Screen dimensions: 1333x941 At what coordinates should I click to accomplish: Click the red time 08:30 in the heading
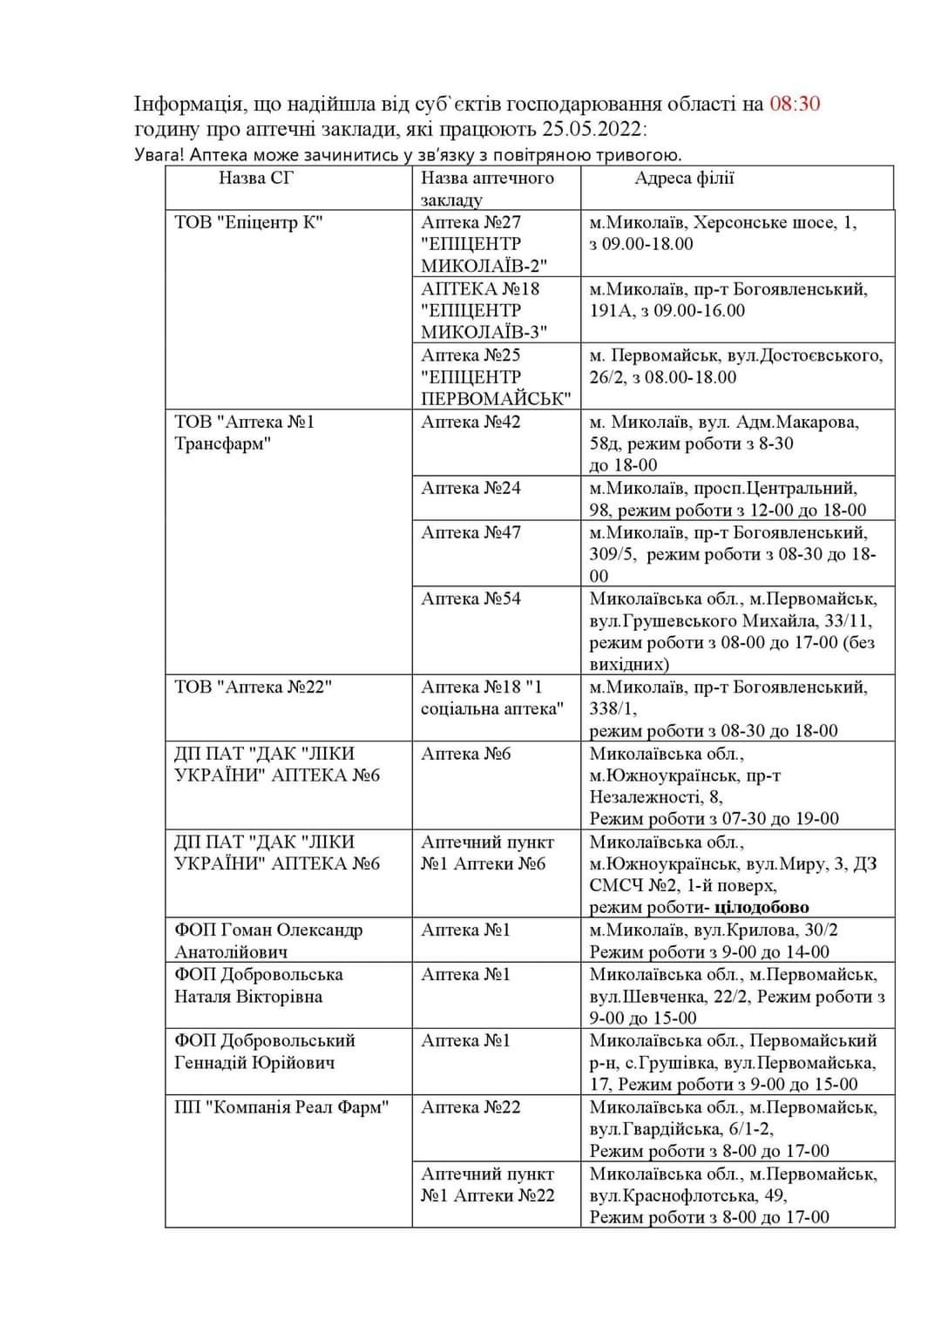[x=795, y=105]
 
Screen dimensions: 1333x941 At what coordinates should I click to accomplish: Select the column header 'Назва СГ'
[x=256, y=179]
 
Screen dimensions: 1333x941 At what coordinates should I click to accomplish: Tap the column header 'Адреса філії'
[x=684, y=179]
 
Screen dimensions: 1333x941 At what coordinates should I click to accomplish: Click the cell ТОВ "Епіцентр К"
[x=248, y=223]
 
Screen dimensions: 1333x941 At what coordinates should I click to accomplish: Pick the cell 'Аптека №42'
[x=470, y=423]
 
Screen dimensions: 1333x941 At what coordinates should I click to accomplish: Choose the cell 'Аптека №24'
[x=470, y=489]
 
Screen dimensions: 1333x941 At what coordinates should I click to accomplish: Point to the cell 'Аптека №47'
[x=470, y=533]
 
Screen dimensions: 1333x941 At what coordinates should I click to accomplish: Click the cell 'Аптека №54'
[x=470, y=599]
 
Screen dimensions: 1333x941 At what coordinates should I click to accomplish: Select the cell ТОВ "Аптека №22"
[x=253, y=687]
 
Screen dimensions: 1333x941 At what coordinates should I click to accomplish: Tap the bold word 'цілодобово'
[x=762, y=908]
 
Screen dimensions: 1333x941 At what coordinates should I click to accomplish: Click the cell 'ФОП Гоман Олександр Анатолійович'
[x=267, y=941]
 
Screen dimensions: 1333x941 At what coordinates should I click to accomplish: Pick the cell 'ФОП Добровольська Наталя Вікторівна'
[x=258, y=985]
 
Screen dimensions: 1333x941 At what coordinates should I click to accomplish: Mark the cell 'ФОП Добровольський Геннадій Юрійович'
[x=265, y=1052]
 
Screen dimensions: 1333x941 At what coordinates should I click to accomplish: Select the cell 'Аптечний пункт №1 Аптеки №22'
[x=487, y=1185]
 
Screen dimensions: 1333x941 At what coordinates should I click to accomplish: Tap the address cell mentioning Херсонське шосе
[x=722, y=233]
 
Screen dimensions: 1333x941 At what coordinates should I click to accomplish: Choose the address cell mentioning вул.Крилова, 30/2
[x=714, y=941]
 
